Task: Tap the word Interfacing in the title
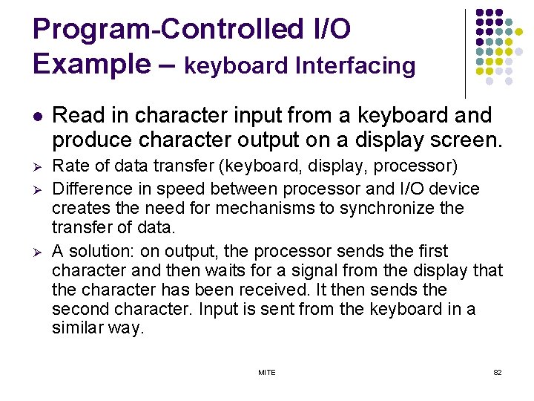click(355, 66)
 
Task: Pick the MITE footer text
click(266, 372)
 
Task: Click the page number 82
click(497, 372)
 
